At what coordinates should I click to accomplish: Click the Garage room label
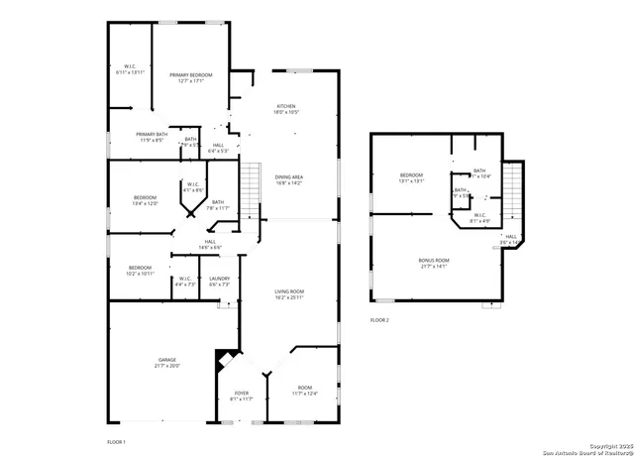click(167, 359)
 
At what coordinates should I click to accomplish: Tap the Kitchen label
click(285, 106)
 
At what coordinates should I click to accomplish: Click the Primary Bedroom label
click(189, 75)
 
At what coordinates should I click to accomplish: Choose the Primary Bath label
click(152, 134)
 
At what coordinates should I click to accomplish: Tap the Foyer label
click(242, 393)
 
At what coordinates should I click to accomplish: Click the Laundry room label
click(219, 279)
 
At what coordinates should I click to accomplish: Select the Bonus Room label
click(435, 260)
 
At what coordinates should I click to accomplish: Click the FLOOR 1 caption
click(117, 440)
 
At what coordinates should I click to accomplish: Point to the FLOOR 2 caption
click(379, 320)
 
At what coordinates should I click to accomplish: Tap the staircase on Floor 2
click(512, 193)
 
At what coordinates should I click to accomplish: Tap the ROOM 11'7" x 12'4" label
click(304, 388)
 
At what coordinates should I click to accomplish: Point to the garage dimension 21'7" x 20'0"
click(167, 366)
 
